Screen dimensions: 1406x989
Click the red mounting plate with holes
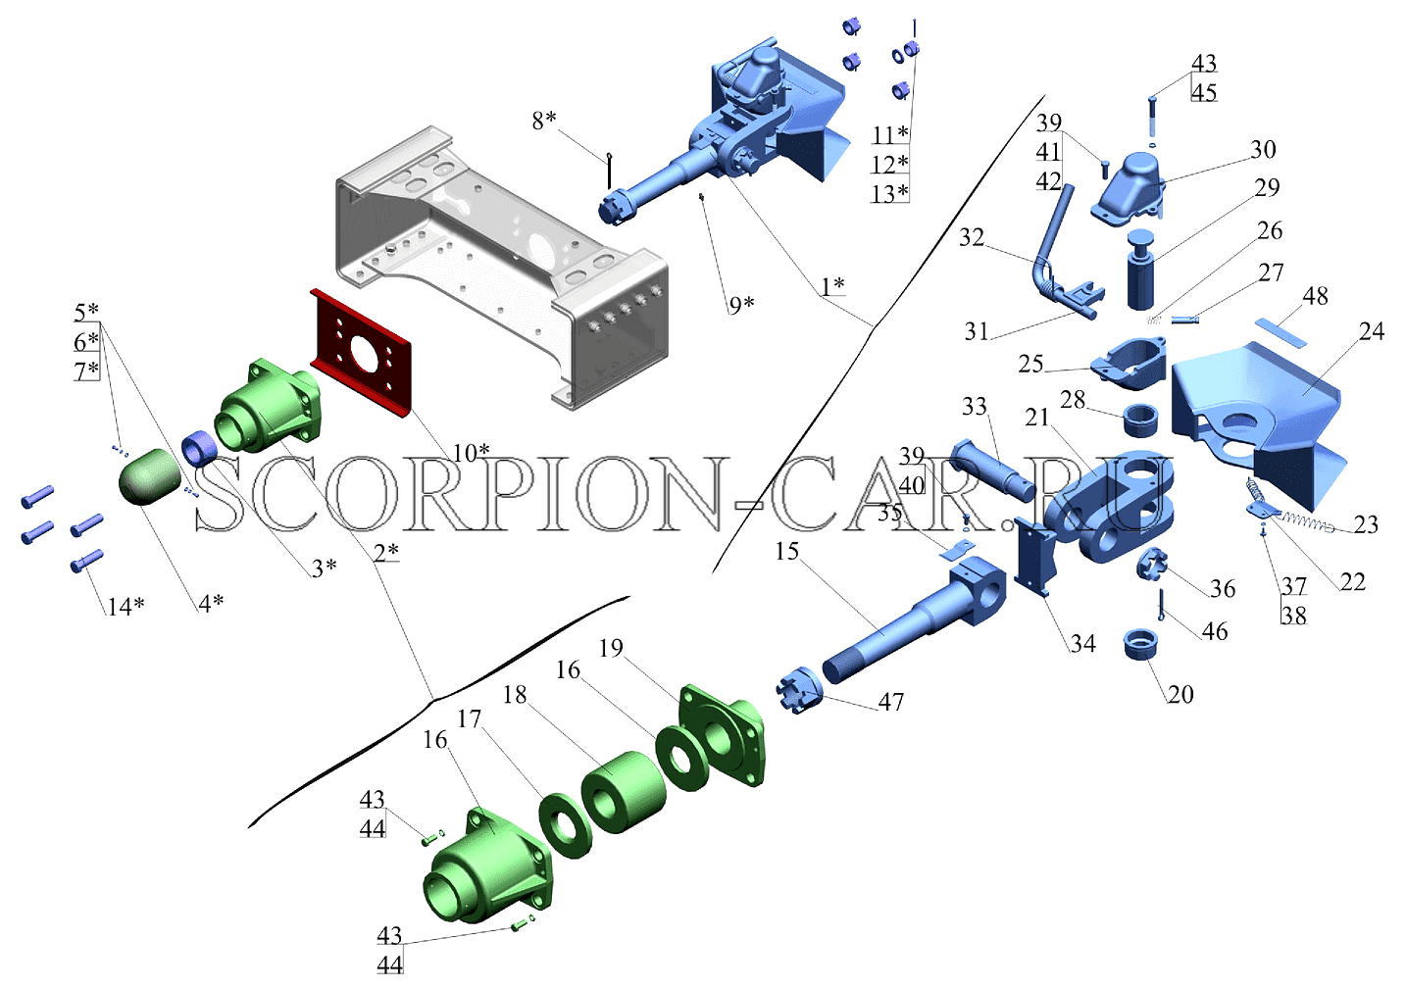pos(361,353)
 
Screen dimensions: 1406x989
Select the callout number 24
pos(1371,331)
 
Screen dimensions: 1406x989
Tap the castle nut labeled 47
pos(800,689)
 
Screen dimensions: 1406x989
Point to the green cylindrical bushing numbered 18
pos(624,791)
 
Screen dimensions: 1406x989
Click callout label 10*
pos(472,453)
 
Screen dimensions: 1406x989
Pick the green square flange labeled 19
pos(722,734)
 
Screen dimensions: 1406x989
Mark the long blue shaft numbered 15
pos(913,622)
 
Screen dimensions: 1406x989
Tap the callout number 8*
pos(544,120)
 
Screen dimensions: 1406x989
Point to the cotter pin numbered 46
pos(1162,606)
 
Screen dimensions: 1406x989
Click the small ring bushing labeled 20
pos(1141,645)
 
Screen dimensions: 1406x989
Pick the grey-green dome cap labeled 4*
pos(147,475)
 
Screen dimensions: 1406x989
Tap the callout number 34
pos(1083,643)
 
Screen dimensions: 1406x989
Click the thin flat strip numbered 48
pos(1280,332)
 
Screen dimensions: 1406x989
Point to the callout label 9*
pos(741,305)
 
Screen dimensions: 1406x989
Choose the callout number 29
pos(1267,187)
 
